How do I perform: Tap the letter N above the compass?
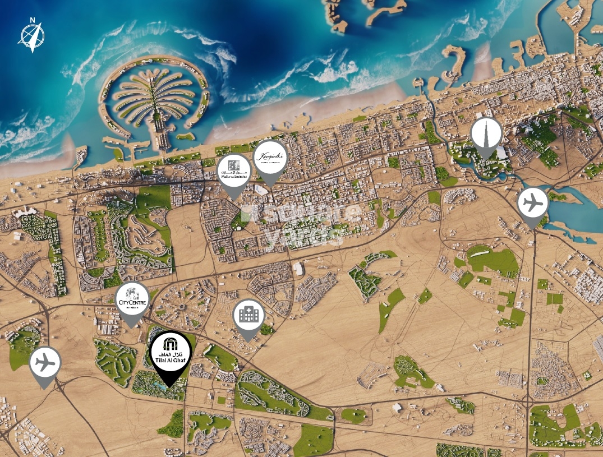point(33,21)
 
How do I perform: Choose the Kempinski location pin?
point(270,158)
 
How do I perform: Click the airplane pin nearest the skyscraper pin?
point(532,203)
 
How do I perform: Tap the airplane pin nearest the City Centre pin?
point(45,363)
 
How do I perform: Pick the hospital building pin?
point(248,315)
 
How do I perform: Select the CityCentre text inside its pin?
point(132,303)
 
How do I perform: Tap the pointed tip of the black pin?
point(171,387)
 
